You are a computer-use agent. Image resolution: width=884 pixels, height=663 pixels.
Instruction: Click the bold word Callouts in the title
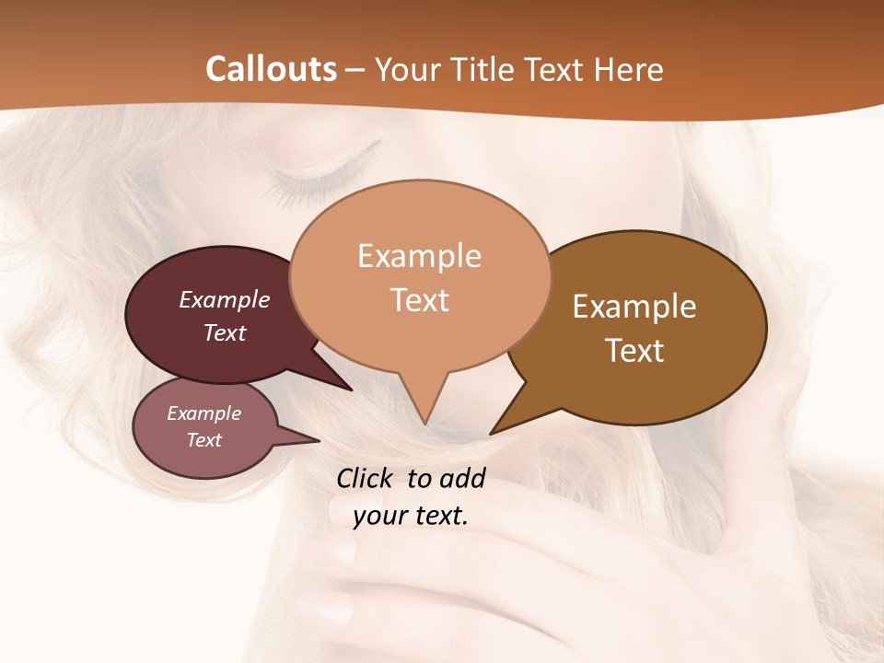(x=272, y=69)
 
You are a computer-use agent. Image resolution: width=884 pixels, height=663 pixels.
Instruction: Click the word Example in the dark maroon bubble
(x=225, y=299)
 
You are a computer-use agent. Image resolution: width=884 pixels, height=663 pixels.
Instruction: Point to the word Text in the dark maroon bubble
(x=225, y=332)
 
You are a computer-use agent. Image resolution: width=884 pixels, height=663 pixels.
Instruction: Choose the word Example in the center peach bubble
(x=419, y=256)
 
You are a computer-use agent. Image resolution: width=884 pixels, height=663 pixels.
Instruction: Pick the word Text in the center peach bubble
(x=419, y=300)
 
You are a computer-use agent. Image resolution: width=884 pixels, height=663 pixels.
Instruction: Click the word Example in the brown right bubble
(x=634, y=306)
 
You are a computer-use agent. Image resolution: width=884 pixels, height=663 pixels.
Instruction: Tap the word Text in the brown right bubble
(x=634, y=350)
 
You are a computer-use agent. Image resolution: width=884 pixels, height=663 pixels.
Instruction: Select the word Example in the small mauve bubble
(x=204, y=413)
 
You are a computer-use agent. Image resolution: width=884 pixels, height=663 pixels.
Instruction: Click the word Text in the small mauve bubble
(x=204, y=440)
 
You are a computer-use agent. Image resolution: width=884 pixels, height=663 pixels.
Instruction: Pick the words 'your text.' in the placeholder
(x=411, y=516)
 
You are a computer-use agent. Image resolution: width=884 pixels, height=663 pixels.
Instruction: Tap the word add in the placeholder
(x=462, y=478)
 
